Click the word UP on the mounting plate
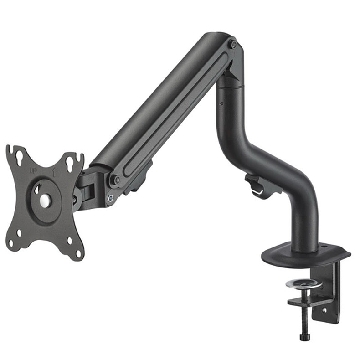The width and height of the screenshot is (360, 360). point(33,170)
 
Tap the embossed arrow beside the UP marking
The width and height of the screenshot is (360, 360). point(54,172)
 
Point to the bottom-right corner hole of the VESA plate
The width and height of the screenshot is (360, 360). point(78,254)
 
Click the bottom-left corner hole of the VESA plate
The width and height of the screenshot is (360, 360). point(11,243)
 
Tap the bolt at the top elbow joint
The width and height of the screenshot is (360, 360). point(234,45)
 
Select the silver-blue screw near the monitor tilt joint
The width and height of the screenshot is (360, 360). point(111,197)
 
